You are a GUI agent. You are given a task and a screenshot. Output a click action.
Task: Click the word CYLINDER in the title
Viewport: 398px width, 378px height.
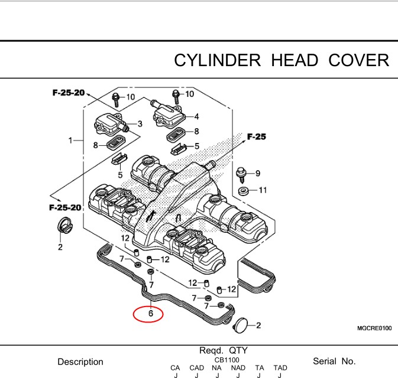coord(217,60)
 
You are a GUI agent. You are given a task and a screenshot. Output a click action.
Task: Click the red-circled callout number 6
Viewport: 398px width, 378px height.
coord(151,314)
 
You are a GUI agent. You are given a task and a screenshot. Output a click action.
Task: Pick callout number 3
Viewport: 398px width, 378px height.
coord(140,123)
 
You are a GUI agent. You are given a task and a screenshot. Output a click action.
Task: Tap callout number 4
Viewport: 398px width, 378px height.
coord(196,116)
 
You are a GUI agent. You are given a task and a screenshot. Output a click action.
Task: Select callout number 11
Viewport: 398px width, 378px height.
coord(263,190)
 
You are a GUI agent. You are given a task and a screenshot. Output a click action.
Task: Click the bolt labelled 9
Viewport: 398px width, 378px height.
coord(242,173)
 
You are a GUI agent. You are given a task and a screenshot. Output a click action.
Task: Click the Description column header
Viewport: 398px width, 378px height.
coord(80,361)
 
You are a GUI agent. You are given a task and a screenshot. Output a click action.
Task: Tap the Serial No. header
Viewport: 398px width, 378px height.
coord(334,361)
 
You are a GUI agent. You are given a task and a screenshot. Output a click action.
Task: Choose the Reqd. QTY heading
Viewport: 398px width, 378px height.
coord(227,350)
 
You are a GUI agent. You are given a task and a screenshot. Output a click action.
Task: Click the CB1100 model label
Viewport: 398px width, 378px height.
coord(227,360)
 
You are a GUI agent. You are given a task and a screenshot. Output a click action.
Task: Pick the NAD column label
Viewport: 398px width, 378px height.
coord(238,367)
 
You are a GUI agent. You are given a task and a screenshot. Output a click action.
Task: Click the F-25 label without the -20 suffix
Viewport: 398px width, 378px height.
coord(256,137)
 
